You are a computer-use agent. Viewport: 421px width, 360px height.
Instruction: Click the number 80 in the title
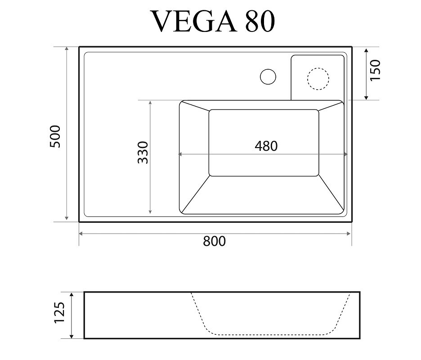coord(260,22)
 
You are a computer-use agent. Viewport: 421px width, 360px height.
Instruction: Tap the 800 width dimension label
coord(214,241)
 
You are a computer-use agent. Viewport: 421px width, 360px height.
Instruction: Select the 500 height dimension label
coord(55,136)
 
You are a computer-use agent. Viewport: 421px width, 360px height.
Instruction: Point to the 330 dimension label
coord(143,153)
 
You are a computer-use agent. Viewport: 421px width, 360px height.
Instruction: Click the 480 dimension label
coord(266,146)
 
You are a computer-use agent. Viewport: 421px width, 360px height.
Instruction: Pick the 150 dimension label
coord(376,70)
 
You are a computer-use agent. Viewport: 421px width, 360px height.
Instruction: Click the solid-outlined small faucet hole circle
coord(268,76)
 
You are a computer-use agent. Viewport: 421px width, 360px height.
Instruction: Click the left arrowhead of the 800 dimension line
coord(81,234)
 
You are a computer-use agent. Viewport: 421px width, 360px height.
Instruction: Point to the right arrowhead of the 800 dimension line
coord(349,234)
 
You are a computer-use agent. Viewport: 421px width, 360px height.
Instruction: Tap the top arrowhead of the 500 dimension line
coord(67,49)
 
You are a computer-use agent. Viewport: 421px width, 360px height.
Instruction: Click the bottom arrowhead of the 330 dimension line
coord(150,211)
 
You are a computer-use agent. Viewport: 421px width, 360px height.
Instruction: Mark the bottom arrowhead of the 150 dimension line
coord(366,98)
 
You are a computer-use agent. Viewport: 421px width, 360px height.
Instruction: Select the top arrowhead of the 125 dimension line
coord(72,294)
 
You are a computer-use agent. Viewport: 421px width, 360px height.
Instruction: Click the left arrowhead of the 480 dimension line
coord(180,154)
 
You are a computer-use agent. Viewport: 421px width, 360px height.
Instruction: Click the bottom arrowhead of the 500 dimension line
coord(67,218)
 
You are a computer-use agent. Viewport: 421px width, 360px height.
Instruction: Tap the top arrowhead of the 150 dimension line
coord(366,50)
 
